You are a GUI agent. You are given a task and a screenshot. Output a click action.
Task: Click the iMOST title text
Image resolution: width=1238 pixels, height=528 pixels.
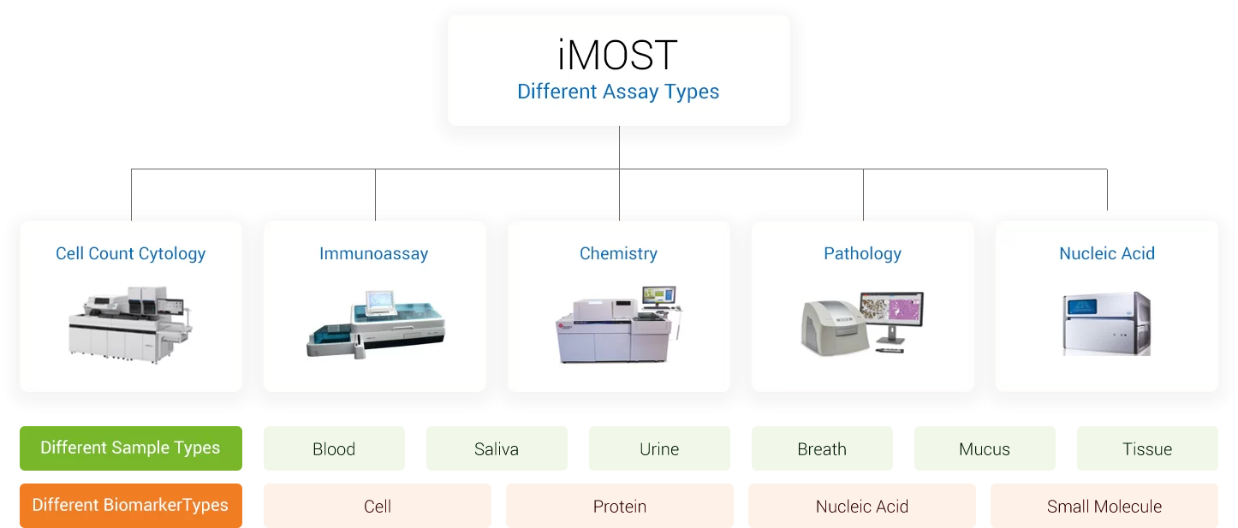[x=618, y=55]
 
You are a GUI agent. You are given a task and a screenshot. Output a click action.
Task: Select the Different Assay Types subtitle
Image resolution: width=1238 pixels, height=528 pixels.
[x=618, y=92]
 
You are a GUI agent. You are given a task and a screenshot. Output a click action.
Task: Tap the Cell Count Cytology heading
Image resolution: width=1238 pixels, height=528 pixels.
[x=130, y=253]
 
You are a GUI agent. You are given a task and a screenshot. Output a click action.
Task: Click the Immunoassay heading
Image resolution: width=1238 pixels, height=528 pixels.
[x=373, y=253]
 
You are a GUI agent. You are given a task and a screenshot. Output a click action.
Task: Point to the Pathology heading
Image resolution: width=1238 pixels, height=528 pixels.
[x=862, y=253]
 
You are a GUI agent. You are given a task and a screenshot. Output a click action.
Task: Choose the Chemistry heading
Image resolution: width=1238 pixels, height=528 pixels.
[x=618, y=253]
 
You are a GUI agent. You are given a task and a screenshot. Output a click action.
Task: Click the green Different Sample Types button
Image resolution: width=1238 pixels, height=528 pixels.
[x=131, y=448]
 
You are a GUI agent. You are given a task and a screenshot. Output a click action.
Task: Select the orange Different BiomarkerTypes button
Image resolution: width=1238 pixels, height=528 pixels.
[x=131, y=506]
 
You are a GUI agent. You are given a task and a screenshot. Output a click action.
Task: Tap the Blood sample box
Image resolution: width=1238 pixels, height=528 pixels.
[x=334, y=448]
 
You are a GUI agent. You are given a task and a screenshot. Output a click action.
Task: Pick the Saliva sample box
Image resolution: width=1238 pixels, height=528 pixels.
[x=497, y=448]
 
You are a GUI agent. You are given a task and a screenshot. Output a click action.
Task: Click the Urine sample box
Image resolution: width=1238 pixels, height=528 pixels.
[x=659, y=448]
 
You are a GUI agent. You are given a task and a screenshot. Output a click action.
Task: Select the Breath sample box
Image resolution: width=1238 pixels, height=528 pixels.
[x=822, y=448]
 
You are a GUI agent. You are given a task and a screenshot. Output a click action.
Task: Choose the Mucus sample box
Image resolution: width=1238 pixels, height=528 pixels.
[x=985, y=448]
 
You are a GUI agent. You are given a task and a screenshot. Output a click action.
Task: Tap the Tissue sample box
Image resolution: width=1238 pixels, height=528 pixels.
[x=1147, y=448]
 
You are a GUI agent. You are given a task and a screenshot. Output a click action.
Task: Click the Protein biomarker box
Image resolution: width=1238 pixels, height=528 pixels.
[x=620, y=506]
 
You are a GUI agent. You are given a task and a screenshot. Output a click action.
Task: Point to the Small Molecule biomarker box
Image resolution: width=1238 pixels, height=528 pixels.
[x=1104, y=506]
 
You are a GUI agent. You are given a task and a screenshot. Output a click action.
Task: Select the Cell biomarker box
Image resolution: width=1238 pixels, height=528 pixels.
[x=378, y=506]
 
